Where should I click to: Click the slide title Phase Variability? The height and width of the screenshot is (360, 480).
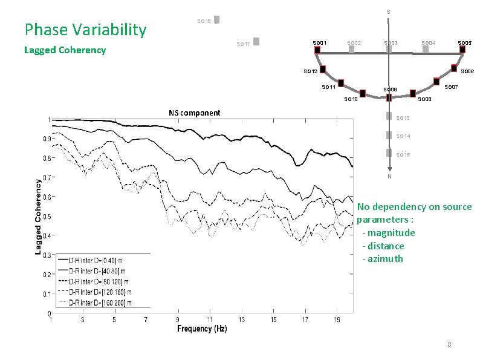tap(85, 30)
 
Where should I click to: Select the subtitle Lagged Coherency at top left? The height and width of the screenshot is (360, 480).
tap(65, 50)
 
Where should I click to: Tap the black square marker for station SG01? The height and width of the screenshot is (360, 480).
tap(317, 50)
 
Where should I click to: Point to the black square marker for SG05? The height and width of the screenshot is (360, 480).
tap(462, 50)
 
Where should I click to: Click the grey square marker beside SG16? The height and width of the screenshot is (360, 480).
tap(216, 19)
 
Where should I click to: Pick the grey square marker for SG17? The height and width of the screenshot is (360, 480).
tap(256, 42)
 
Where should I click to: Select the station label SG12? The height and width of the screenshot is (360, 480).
tap(310, 72)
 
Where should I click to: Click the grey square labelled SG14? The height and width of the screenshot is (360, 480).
tap(389, 136)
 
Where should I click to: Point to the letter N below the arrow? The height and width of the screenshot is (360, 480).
tap(389, 177)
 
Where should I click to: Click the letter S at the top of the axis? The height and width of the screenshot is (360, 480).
tap(388, 12)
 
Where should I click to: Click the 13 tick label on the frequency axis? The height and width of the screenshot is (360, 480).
tap(241, 319)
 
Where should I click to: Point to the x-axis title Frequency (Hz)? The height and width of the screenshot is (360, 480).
tap(202, 329)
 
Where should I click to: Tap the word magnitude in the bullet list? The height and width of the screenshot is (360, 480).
tap(391, 233)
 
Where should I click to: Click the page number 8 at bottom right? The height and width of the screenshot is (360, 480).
tap(449, 344)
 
